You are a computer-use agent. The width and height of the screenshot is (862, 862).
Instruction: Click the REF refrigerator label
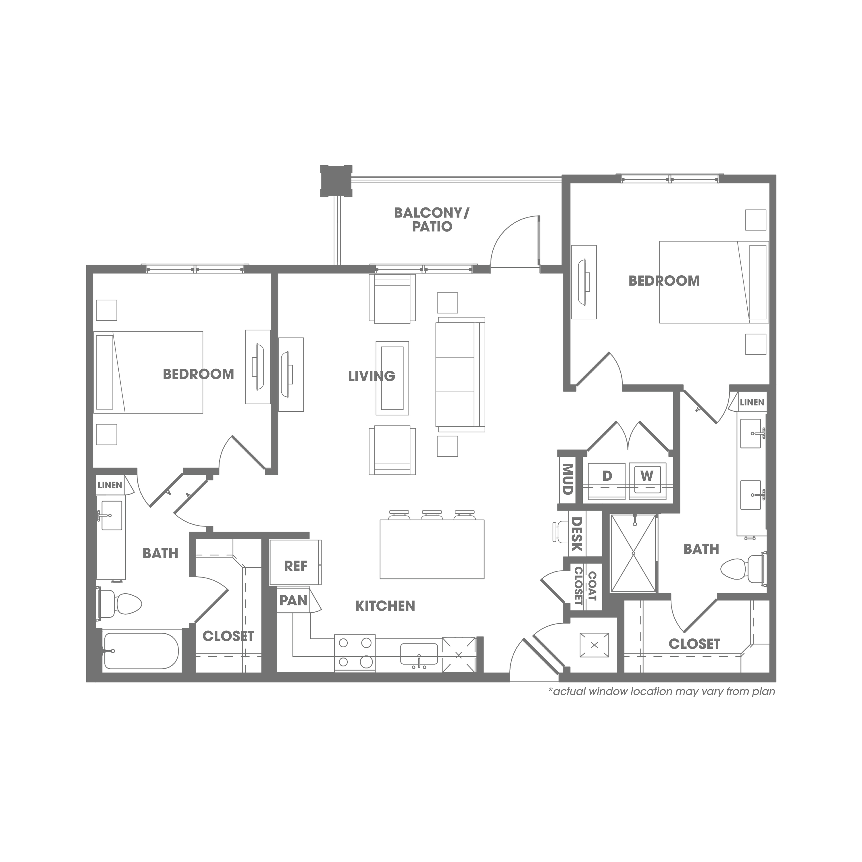click(295, 566)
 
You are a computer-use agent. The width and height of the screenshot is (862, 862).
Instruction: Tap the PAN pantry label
click(293, 601)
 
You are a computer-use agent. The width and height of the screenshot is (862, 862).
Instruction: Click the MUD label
click(567, 479)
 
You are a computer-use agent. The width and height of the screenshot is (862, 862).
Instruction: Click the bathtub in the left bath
click(141, 651)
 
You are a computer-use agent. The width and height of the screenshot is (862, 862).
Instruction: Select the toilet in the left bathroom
click(120, 604)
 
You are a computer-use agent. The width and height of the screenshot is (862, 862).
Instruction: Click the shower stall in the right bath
click(634, 554)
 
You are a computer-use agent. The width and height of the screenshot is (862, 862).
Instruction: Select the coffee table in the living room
click(392, 378)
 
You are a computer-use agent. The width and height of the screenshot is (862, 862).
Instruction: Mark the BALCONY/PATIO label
click(432, 220)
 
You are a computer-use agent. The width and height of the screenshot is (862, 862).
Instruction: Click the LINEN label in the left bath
click(110, 485)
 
